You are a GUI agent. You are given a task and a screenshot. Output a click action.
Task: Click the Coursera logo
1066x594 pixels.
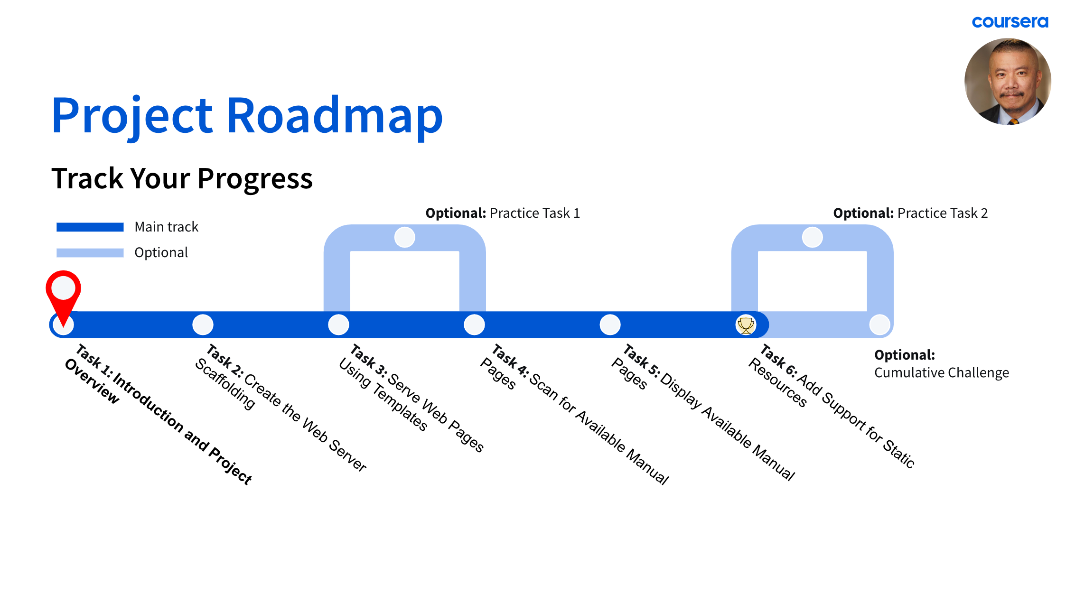click(x=1010, y=22)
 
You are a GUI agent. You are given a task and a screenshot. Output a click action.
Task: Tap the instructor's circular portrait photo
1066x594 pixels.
click(x=1008, y=82)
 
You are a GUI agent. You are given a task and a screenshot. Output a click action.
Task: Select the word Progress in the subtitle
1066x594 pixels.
click(x=255, y=178)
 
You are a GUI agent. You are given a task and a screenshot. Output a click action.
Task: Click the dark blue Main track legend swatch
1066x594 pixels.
click(x=90, y=227)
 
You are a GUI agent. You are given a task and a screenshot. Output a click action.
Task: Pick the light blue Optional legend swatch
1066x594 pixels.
click(x=90, y=253)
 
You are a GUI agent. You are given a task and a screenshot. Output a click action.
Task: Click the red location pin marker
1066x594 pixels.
click(x=63, y=291)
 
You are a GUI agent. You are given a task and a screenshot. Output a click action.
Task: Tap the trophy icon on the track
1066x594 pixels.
click(x=746, y=325)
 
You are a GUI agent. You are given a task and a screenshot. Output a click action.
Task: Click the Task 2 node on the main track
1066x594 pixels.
click(x=203, y=325)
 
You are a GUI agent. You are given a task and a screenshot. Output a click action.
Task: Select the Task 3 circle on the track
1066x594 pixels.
click(x=338, y=325)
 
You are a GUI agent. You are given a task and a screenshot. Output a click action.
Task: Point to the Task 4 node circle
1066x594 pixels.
click(x=474, y=325)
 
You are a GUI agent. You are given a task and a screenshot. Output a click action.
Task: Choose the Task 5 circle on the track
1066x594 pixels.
click(x=610, y=325)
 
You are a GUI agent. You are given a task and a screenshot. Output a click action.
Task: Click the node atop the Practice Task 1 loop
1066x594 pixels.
click(x=405, y=237)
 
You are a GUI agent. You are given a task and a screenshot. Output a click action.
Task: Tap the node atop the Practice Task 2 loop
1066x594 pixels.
click(x=812, y=237)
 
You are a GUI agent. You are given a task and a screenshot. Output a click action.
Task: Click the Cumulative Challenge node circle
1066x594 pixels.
click(x=879, y=325)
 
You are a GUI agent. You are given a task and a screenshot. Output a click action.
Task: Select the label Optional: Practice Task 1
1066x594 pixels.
click(x=503, y=213)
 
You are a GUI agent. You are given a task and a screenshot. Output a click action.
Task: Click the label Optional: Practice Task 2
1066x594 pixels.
click(x=910, y=213)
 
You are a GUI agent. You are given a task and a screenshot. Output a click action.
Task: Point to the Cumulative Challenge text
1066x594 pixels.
click(x=942, y=373)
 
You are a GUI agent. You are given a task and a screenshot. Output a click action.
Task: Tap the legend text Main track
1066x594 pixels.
click(x=166, y=227)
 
